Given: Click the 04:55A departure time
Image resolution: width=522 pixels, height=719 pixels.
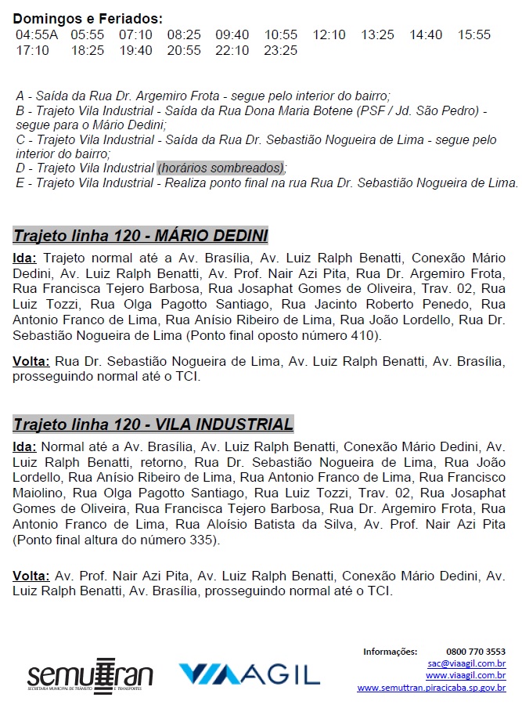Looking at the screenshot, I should pos(37,35).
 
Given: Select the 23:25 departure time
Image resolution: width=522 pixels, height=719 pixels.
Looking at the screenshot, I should pos(281,51).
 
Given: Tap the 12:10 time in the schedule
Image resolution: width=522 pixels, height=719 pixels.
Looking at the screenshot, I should pos(329,35).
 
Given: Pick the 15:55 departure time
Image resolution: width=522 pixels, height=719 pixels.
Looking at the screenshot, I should pos(474,35).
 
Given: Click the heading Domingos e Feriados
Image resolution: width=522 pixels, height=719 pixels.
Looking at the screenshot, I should pos(88,19).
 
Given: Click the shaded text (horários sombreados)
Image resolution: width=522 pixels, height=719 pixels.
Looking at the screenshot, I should pos(221,168).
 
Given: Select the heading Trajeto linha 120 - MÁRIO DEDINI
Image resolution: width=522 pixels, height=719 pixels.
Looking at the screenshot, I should pos(141,236).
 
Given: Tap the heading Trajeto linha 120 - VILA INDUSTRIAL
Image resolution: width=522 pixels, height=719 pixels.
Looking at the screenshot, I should pos(153,425).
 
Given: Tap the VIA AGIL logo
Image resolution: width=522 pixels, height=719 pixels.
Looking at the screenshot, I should pos(249,675).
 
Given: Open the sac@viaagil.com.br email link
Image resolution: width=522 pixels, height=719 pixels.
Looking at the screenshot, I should pos(466,663).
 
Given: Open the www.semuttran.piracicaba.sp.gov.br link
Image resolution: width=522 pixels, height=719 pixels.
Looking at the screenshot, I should pos(431,688).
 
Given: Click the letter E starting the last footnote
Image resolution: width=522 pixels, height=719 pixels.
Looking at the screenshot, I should pos(20,183).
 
